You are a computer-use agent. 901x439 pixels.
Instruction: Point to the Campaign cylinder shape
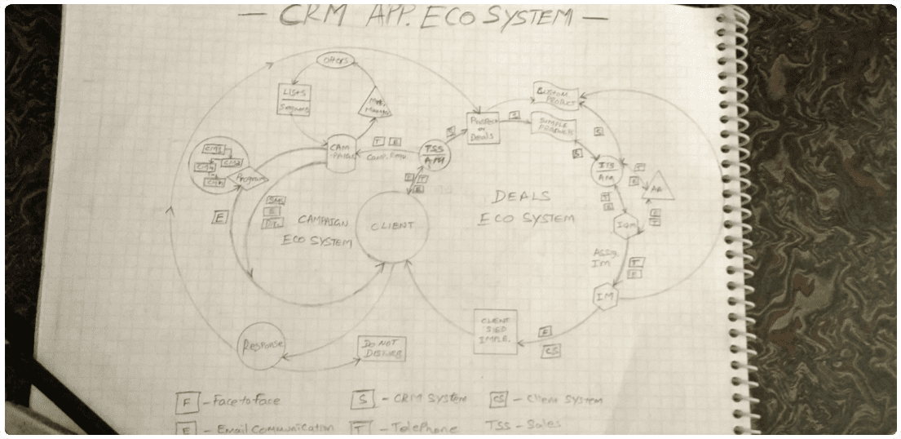[341, 153]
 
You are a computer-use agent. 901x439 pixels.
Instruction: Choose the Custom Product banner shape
[556, 96]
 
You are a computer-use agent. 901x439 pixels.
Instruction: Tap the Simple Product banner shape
[554, 126]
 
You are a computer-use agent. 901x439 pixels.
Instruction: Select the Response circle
[261, 344]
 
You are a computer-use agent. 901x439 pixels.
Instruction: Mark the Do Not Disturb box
[381, 349]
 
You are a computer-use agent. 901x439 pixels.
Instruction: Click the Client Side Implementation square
[496, 332]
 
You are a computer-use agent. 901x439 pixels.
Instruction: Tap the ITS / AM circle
[606, 171]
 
